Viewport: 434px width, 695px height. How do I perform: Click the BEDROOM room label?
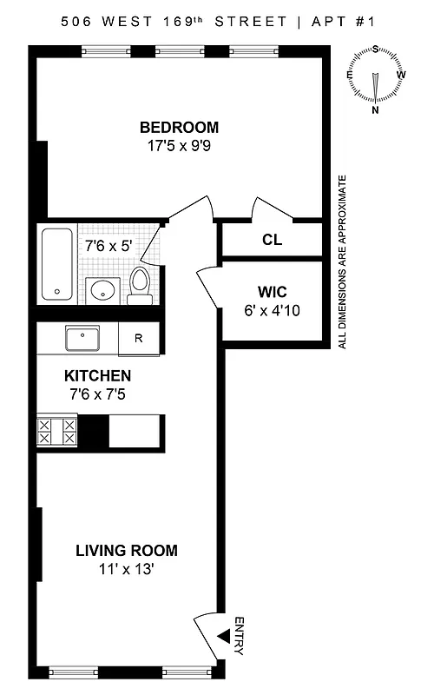pyautogui.click(x=179, y=128)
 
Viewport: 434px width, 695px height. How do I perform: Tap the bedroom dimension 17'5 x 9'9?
pyautogui.click(x=179, y=146)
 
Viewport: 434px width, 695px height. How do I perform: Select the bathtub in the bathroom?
pyautogui.click(x=57, y=263)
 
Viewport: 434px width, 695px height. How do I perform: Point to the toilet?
pyautogui.click(x=139, y=285)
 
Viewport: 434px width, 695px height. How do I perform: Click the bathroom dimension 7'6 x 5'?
pyautogui.click(x=108, y=246)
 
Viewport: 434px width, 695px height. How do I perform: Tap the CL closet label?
pyautogui.click(x=273, y=240)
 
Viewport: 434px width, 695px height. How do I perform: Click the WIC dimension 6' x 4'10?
pyautogui.click(x=273, y=310)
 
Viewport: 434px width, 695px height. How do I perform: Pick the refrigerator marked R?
pyautogui.click(x=138, y=339)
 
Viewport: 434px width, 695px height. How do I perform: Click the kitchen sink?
pyautogui.click(x=83, y=337)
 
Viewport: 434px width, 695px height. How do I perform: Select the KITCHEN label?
pyautogui.click(x=98, y=376)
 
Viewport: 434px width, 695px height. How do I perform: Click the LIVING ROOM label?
pyautogui.click(x=126, y=550)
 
